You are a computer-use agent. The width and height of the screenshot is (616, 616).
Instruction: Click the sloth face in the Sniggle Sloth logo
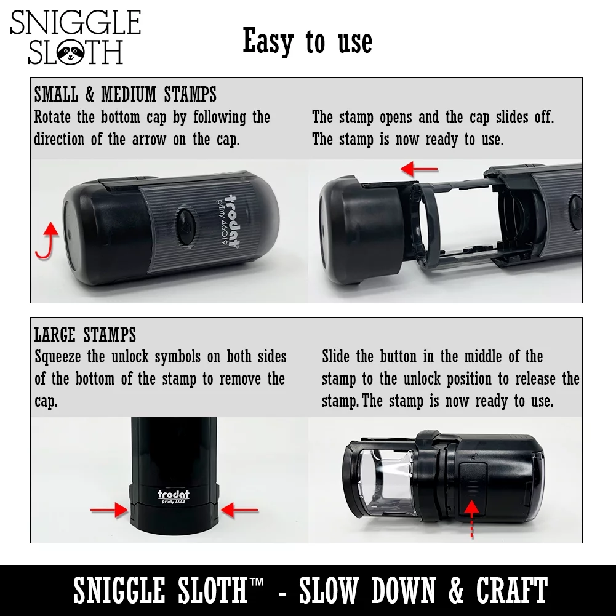point(70,54)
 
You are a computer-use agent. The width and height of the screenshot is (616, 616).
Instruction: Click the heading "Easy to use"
point(307,42)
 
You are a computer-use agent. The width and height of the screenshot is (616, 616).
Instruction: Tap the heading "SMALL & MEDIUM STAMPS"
point(126,95)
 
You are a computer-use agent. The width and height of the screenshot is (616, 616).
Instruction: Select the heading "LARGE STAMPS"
point(85,335)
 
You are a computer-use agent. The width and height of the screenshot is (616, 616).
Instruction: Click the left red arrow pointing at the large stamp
point(109,509)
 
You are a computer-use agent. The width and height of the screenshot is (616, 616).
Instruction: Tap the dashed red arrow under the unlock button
point(471,519)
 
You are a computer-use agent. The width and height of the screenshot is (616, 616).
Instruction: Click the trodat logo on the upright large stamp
point(174,494)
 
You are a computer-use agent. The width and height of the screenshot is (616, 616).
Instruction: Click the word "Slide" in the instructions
point(338,357)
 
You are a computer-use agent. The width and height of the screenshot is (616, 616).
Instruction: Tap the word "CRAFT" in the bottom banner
point(511,591)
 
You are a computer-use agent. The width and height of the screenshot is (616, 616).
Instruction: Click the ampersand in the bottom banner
point(456,591)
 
